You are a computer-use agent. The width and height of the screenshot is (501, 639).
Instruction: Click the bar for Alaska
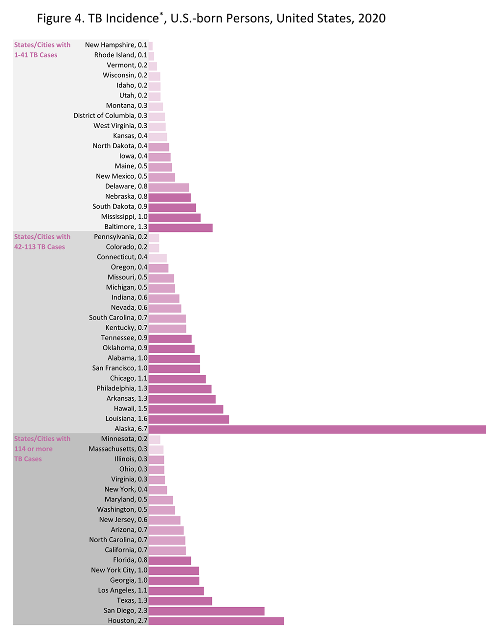pos(317,429)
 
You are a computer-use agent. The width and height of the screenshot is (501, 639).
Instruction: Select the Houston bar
pos(216,621)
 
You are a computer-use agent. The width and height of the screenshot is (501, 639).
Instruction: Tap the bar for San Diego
pos(206,611)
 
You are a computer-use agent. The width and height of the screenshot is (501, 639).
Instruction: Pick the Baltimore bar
pos(180,228)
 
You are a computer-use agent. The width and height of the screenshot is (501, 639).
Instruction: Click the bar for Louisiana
pos(188,419)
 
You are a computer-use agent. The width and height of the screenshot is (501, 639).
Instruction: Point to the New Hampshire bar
pos(151,46)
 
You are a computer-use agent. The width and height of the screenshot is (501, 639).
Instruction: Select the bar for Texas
pos(180,601)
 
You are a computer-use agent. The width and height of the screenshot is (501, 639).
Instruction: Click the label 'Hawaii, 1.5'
pos(126,409)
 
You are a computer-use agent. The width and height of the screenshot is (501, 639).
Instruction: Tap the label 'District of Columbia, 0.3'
pos(110,116)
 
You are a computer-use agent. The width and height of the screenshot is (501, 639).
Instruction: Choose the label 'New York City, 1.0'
pos(119,570)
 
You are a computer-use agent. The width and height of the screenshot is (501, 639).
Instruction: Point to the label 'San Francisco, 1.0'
pos(119,368)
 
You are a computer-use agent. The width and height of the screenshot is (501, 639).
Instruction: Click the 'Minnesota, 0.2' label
pos(124,439)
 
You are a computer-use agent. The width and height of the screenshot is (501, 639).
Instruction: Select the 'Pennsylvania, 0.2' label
pos(120,237)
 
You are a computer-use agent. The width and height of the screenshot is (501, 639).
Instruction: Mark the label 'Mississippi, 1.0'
pos(124,217)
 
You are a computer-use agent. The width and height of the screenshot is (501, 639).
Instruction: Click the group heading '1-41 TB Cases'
pos(36,55)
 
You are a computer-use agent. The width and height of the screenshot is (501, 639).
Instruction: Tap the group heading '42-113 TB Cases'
pos(39,247)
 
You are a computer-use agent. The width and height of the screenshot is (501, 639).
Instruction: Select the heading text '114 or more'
pos(33,449)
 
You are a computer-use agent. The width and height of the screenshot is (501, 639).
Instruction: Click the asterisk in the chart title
pos(161,14)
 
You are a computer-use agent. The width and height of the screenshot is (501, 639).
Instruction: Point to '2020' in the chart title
pos(372,19)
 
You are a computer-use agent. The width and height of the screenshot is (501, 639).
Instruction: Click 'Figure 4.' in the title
pos(61,19)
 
